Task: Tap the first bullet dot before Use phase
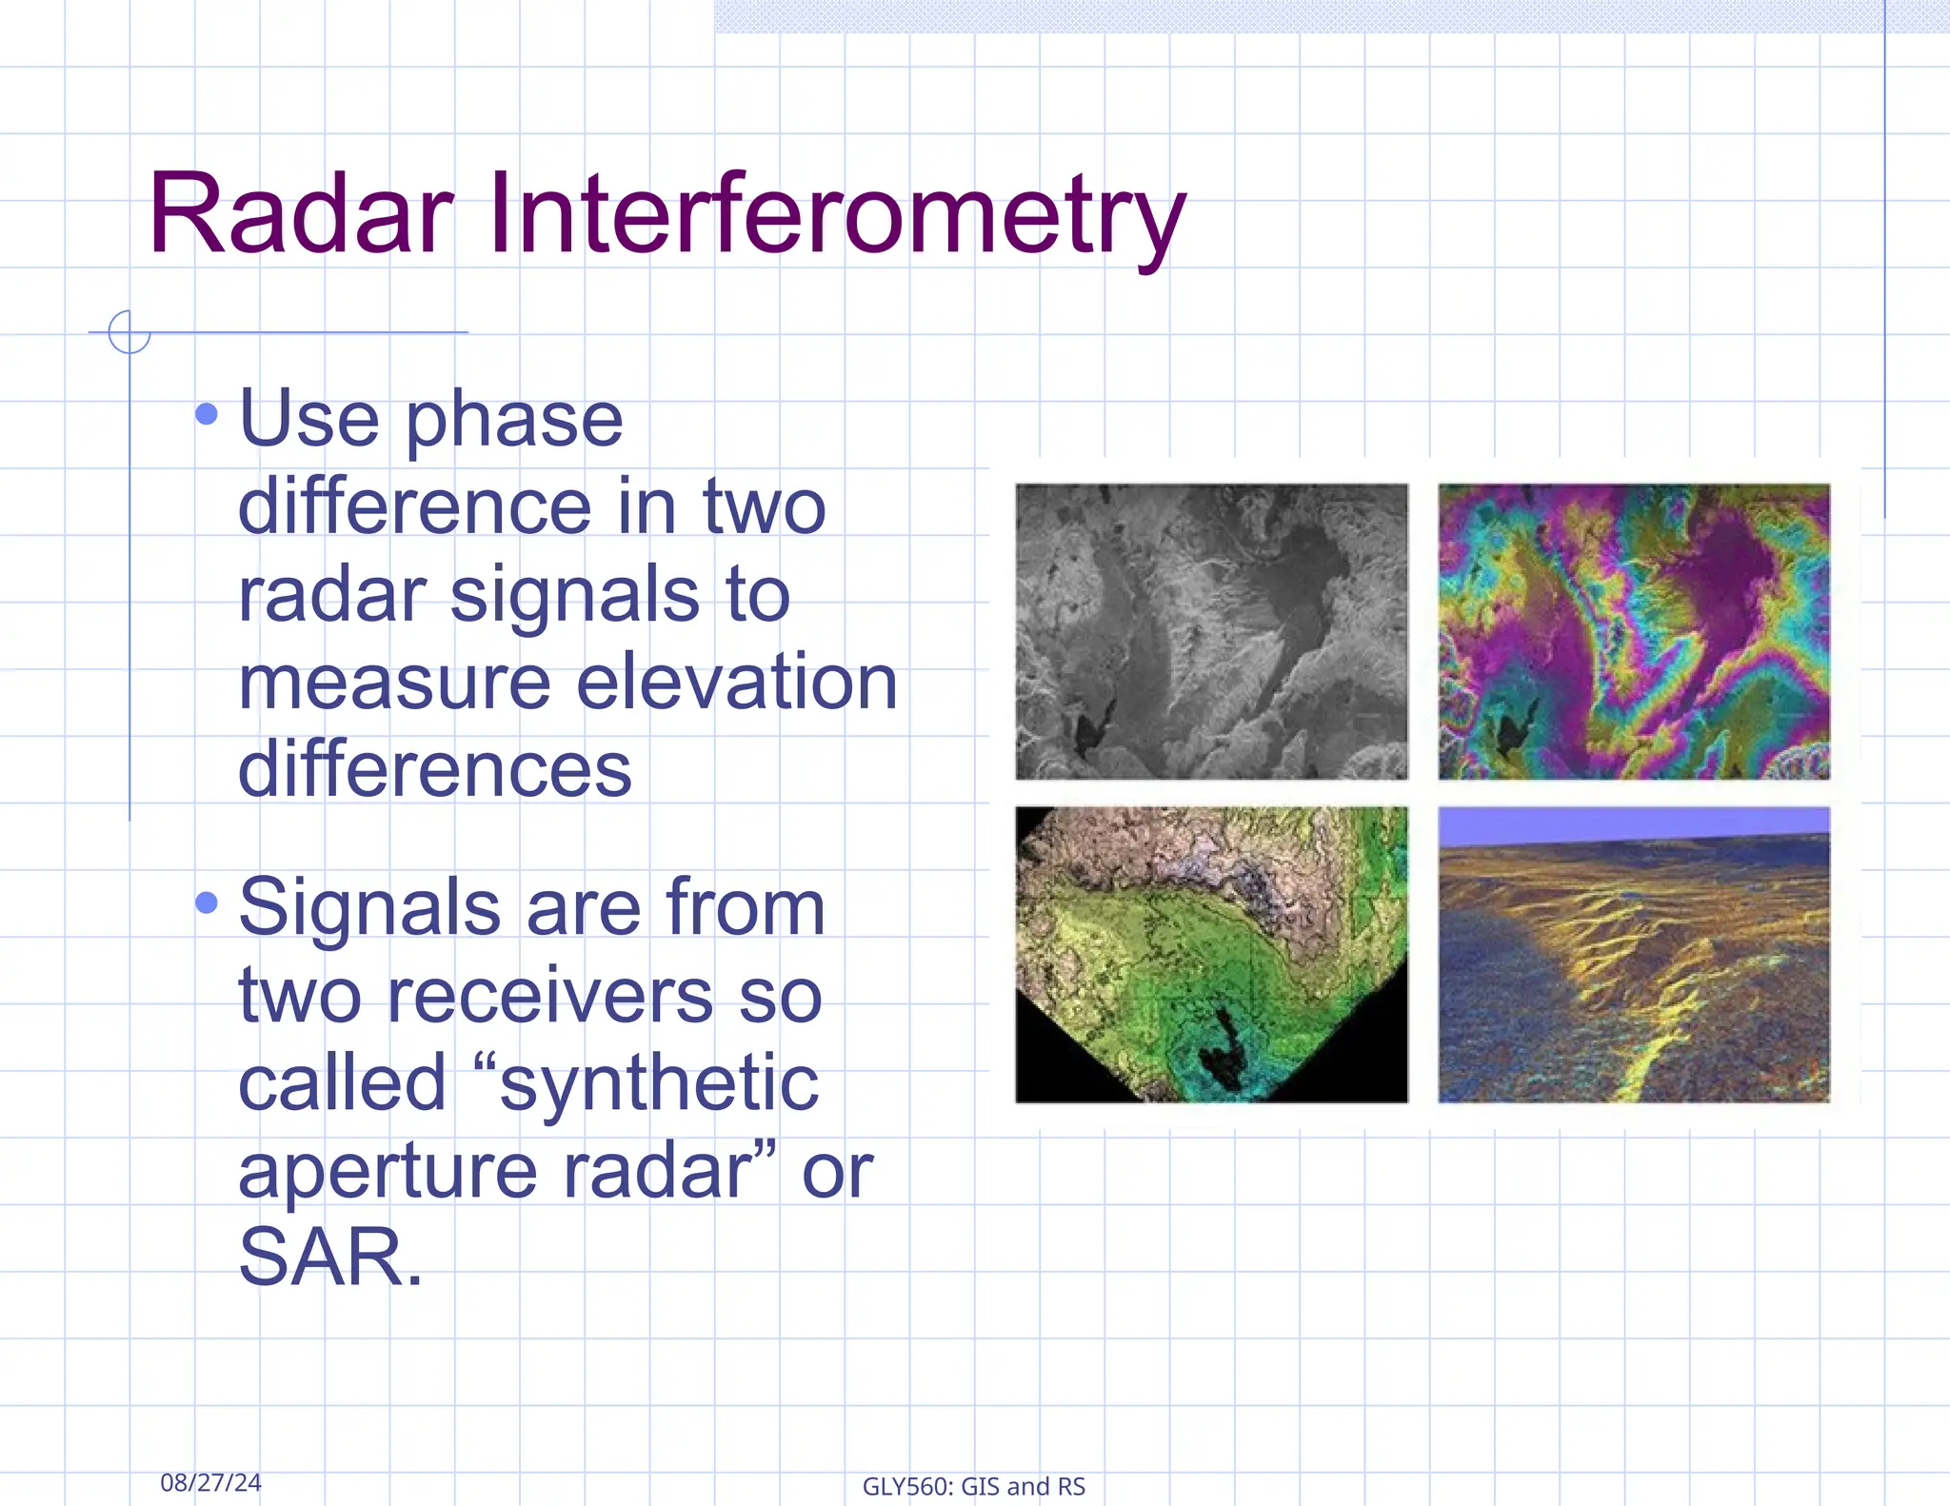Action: point(207,414)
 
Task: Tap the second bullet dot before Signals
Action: point(207,902)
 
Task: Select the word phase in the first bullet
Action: point(514,421)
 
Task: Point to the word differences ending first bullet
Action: point(434,769)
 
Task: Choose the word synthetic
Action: point(659,1083)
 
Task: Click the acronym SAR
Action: point(329,1257)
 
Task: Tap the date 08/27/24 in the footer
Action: point(210,1482)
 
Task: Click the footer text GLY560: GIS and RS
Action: point(973,1486)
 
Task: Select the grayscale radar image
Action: point(1211,630)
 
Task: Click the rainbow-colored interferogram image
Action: point(1633,630)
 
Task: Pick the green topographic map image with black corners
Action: point(1211,954)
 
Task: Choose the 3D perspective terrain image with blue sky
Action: point(1633,954)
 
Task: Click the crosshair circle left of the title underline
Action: point(129,331)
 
